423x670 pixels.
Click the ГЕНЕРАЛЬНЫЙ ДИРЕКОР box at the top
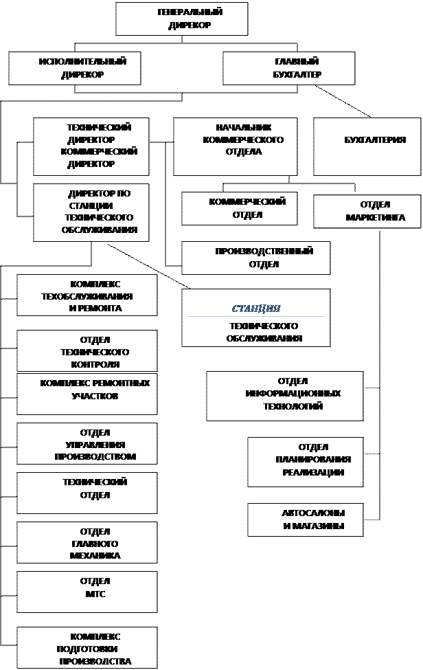click(x=182, y=19)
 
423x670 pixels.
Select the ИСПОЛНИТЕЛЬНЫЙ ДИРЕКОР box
click(x=75, y=68)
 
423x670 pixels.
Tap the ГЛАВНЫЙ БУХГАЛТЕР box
click(x=289, y=68)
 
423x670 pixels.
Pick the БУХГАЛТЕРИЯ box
click(x=367, y=146)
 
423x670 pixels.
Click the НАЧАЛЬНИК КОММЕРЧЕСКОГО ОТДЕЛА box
click(x=235, y=146)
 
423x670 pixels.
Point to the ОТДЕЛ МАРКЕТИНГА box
click(x=367, y=212)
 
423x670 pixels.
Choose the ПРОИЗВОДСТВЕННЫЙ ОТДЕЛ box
click(x=255, y=258)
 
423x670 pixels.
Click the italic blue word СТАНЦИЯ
click(x=256, y=309)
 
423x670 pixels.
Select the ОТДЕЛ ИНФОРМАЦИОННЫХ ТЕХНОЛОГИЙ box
click(x=285, y=396)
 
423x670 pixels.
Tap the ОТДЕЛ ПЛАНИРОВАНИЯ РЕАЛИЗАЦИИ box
click(x=306, y=462)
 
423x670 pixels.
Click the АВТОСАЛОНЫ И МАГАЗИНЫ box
click(x=306, y=520)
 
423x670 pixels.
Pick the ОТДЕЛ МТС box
click(x=87, y=592)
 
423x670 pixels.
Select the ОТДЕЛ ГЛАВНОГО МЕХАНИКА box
click(x=87, y=543)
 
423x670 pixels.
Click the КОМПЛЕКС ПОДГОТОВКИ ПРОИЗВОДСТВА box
click(x=87, y=648)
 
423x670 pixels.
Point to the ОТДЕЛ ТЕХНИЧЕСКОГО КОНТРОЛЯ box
click(x=87, y=350)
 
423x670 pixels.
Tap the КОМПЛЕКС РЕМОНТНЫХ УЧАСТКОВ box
click(x=87, y=394)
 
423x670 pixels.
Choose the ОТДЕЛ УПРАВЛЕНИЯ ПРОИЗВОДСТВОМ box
click(x=87, y=443)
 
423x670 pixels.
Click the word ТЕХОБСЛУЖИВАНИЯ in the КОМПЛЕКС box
click(x=87, y=296)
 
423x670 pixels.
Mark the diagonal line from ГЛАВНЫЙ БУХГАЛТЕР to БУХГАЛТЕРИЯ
click(x=343, y=101)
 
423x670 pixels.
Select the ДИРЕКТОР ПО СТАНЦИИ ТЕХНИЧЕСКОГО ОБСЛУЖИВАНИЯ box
click(x=91, y=213)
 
